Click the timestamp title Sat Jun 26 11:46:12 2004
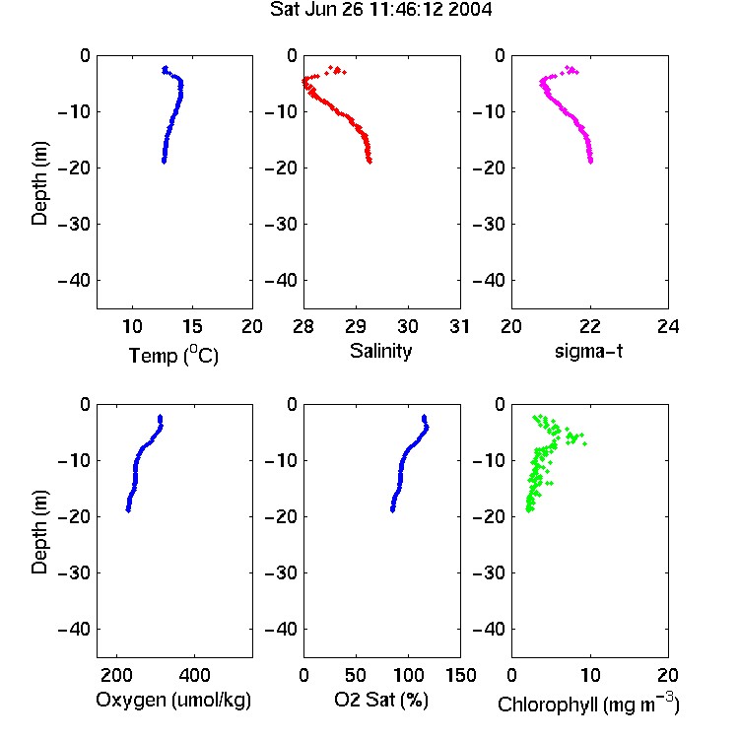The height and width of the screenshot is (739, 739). coord(380,10)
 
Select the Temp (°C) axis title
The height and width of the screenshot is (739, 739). coord(173,355)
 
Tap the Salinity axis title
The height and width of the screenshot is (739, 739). coord(380,351)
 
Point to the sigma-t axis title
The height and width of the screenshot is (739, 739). coord(588,351)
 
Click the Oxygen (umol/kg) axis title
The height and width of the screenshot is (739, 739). coord(173,700)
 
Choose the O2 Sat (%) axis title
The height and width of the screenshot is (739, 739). coord(381,700)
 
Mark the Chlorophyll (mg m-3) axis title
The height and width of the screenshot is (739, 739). coord(588,704)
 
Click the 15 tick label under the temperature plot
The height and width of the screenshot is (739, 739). coord(192,326)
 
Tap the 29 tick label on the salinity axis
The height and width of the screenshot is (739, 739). coord(356,326)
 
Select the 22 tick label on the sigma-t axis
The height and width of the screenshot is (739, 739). coord(589,326)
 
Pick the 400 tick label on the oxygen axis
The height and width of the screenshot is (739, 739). coord(194,675)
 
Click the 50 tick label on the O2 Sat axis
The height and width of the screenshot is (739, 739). coord(356,675)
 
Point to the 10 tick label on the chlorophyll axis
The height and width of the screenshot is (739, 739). coord(589,675)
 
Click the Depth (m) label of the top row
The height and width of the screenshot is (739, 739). coord(39,183)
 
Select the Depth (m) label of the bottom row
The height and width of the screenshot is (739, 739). coord(39,532)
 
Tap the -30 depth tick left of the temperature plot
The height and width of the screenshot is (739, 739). coord(74,225)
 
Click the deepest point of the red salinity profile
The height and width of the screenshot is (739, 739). coord(369,162)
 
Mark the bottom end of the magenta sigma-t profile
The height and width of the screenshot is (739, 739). coord(590,162)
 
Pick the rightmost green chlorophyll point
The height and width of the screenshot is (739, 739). coord(585,443)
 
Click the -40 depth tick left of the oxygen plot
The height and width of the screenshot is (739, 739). coord(74,629)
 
